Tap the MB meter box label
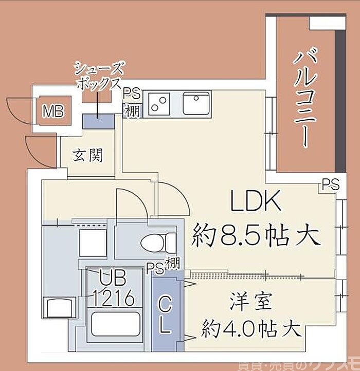coord(53,112)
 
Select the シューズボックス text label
coord(99,76)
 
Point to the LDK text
coord(256,202)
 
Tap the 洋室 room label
coord(249,301)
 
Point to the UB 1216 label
coord(114,289)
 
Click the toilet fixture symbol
coord(158,242)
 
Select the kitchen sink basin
coord(196,104)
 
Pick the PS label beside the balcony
coord(331,184)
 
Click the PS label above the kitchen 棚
coord(132,93)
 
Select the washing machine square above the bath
coord(92,240)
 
